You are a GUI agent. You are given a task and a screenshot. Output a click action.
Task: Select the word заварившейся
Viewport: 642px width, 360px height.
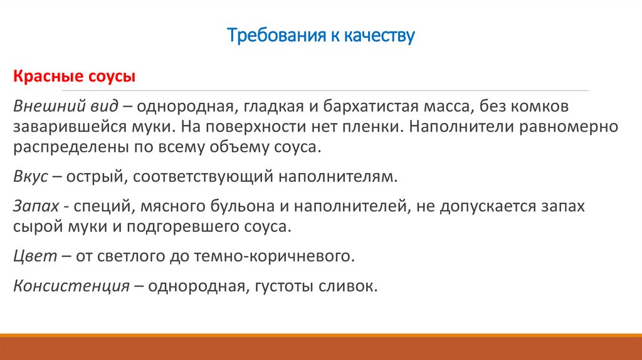point(62,127)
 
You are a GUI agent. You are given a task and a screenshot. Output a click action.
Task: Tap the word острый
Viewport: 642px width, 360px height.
point(101,177)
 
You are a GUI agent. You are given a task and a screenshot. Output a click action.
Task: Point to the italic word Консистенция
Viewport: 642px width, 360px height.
point(71,285)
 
